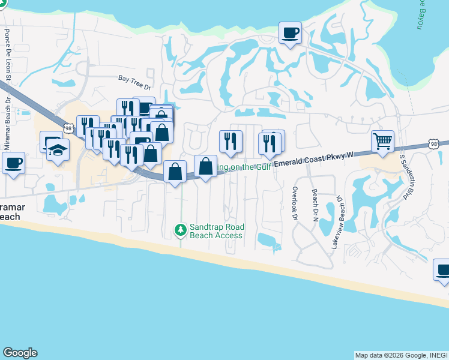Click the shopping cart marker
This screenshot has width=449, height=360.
382,142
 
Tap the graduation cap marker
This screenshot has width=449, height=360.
58,149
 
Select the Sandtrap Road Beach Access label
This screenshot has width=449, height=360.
216,232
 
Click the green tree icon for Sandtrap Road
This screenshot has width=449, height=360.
180,230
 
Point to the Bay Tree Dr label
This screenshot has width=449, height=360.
133,79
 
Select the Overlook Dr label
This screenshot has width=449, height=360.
295,204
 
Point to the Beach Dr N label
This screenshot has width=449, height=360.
315,205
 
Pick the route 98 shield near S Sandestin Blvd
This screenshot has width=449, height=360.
433,143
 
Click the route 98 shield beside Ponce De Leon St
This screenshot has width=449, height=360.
69,127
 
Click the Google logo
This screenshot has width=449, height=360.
20,353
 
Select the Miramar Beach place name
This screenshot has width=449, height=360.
12,211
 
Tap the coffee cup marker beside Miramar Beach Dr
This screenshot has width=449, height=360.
13,163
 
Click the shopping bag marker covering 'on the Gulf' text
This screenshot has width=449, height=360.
205,166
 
